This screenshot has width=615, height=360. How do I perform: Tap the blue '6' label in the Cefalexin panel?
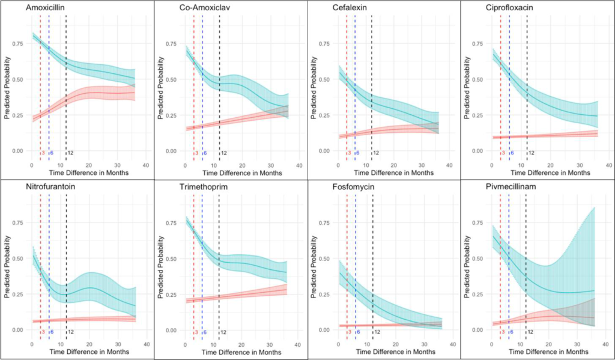click(x=358, y=153)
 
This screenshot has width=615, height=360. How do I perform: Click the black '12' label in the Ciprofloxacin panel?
click(x=530, y=153)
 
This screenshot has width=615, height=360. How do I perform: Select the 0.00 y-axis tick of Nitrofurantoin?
click(x=17, y=330)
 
